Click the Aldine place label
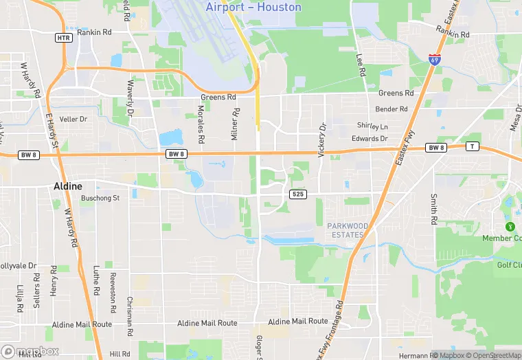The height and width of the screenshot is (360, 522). pyautogui.click(x=68, y=186)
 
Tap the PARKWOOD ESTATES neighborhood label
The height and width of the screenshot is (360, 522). pyautogui.click(x=348, y=230)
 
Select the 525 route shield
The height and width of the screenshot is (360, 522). pyautogui.click(x=297, y=195)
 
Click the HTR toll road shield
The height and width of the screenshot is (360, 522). pyautogui.click(x=64, y=37)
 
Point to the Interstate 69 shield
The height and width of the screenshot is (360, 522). pyautogui.click(x=434, y=59)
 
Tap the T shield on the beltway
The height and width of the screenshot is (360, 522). pyautogui.click(x=472, y=146)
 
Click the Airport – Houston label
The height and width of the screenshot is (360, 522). pyautogui.click(x=253, y=7)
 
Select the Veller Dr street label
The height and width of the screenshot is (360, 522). pyautogui.click(x=73, y=119)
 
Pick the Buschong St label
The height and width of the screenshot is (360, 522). pyautogui.click(x=100, y=198)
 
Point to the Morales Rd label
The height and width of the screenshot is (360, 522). pyautogui.click(x=201, y=124)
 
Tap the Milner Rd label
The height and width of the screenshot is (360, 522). pyautogui.click(x=235, y=124)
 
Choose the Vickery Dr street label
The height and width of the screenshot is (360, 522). pyautogui.click(x=320, y=140)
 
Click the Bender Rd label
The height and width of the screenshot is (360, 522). pyautogui.click(x=391, y=109)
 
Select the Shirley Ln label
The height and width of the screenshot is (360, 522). pyautogui.click(x=372, y=126)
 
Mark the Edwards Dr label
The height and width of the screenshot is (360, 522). pyautogui.click(x=374, y=138)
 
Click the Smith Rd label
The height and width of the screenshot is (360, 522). pyautogui.click(x=434, y=210)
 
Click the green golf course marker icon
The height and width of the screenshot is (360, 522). pyautogui.click(x=510, y=227)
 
